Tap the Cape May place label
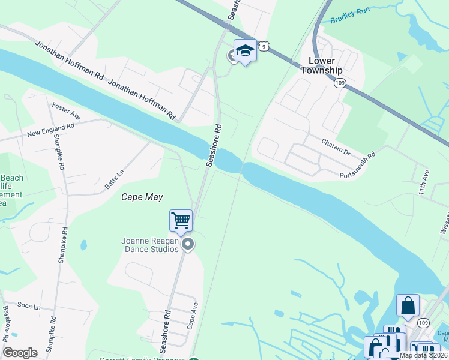pos(142,197)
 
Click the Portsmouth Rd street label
pos(357,165)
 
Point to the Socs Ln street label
pos(29,307)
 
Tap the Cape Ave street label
pos(192,315)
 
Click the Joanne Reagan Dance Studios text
pos(151,244)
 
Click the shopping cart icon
pos(181,220)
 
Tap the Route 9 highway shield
pos(265,45)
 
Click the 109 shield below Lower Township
pos(340,82)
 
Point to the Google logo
pos(20,353)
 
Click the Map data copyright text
pos(423,355)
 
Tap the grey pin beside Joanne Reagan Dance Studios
pos(188,244)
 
